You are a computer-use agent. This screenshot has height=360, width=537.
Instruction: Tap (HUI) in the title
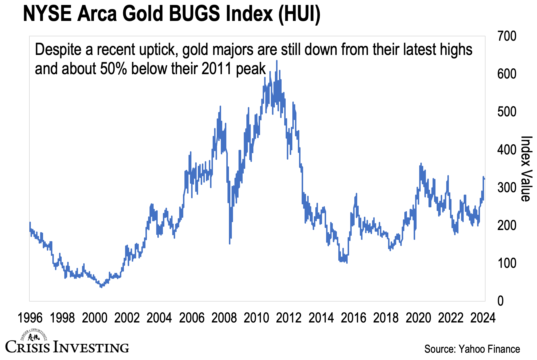pos(299,14)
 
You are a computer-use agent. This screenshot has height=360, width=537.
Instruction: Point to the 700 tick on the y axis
pos(506,36)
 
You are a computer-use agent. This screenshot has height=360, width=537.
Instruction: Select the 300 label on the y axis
pos(506,188)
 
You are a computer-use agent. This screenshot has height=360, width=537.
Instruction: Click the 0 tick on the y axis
pos(500,301)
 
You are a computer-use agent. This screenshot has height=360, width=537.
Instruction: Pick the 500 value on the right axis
pos(506,112)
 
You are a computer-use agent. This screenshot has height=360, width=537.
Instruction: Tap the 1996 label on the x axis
pos(30,318)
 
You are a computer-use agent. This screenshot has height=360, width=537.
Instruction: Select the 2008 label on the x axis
pos(224,318)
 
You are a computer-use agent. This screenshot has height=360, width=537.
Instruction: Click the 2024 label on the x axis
pos(483,318)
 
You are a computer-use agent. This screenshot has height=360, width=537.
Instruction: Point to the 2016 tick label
pos(353,318)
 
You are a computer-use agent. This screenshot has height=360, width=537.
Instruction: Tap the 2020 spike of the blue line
pos(421,164)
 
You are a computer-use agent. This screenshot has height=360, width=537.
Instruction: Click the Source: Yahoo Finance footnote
pos(472,349)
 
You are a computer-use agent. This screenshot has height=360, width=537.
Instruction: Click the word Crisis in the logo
pos(28,347)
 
